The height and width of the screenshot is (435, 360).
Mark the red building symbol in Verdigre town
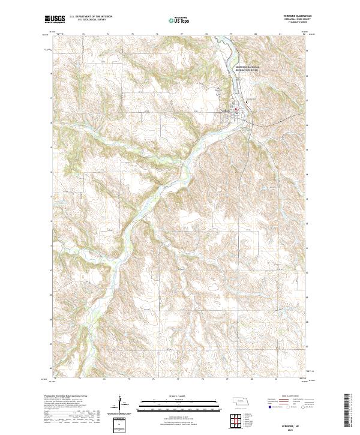tap(236, 109)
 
